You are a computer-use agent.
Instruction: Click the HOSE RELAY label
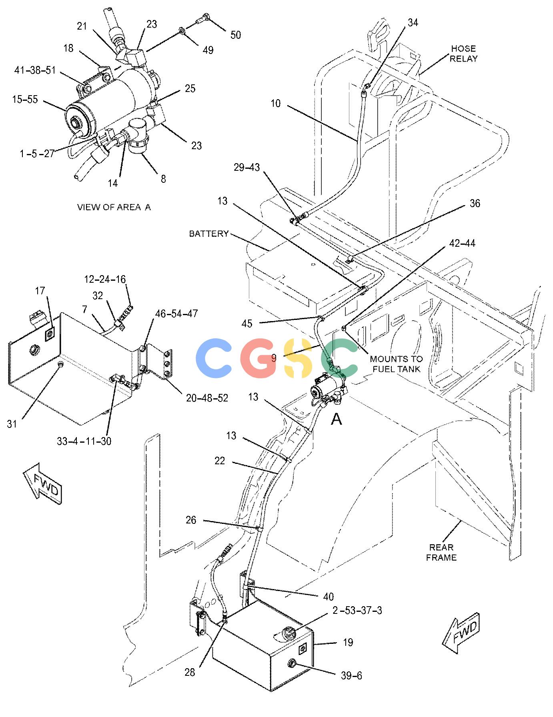click(463, 54)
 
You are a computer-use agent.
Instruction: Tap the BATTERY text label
click(208, 234)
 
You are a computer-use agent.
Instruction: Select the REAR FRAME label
click(441, 552)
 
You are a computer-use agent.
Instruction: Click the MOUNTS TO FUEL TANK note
click(396, 364)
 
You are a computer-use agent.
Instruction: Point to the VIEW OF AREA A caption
click(114, 207)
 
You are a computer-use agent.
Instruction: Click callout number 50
click(236, 35)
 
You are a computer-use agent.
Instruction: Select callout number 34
click(413, 23)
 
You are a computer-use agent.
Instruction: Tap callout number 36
click(475, 204)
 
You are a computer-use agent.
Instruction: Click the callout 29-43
click(246, 168)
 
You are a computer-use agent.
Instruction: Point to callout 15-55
click(25, 99)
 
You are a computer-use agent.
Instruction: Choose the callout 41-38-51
click(35, 70)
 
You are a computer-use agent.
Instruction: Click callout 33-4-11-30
click(84, 441)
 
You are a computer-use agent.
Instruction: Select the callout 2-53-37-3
click(357, 611)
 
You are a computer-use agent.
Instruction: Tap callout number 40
click(328, 597)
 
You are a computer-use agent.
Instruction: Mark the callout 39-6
click(351, 675)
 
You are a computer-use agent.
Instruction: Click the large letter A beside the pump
click(337, 419)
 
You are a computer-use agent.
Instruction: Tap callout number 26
click(191, 520)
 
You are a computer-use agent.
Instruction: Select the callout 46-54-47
click(176, 314)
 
